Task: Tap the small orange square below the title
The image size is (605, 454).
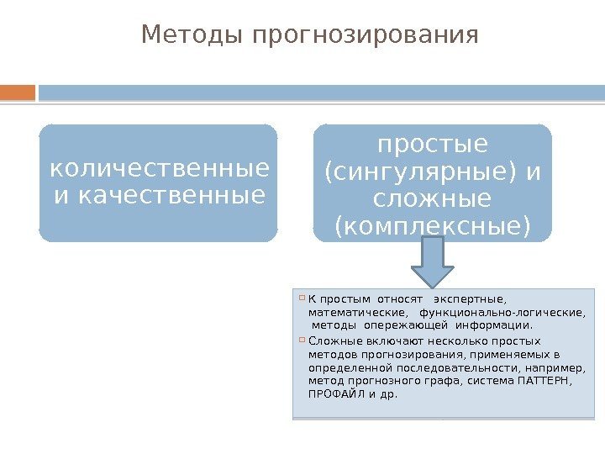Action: coord(18,91)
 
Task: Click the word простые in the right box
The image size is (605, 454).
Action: coord(433,145)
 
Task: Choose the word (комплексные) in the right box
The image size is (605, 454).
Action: coord(433,227)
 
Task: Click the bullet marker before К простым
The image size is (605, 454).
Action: coord(302,298)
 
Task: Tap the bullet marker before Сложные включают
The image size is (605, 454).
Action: coord(302,340)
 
